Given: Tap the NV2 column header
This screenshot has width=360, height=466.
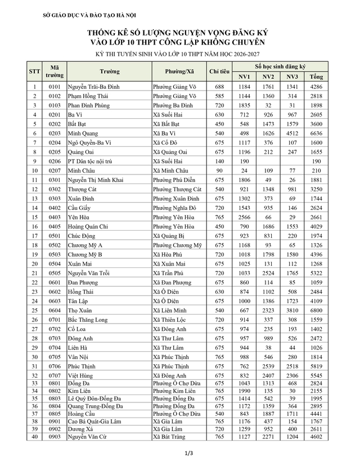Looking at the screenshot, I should tap(268, 77).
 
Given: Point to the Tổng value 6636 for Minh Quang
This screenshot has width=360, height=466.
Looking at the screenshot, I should tap(316, 133).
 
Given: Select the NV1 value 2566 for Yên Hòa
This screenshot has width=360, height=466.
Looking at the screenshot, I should tap(244, 216).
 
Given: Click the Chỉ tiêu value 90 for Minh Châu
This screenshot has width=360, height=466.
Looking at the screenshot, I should tap(219, 170).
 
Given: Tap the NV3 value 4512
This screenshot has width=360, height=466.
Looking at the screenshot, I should tap(292, 133).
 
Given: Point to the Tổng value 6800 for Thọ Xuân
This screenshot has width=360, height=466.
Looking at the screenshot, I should tap(316, 310).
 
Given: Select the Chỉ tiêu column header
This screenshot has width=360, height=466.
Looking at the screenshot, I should tap(219, 71).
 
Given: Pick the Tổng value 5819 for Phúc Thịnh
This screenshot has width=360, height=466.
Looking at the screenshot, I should tap(316, 365).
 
